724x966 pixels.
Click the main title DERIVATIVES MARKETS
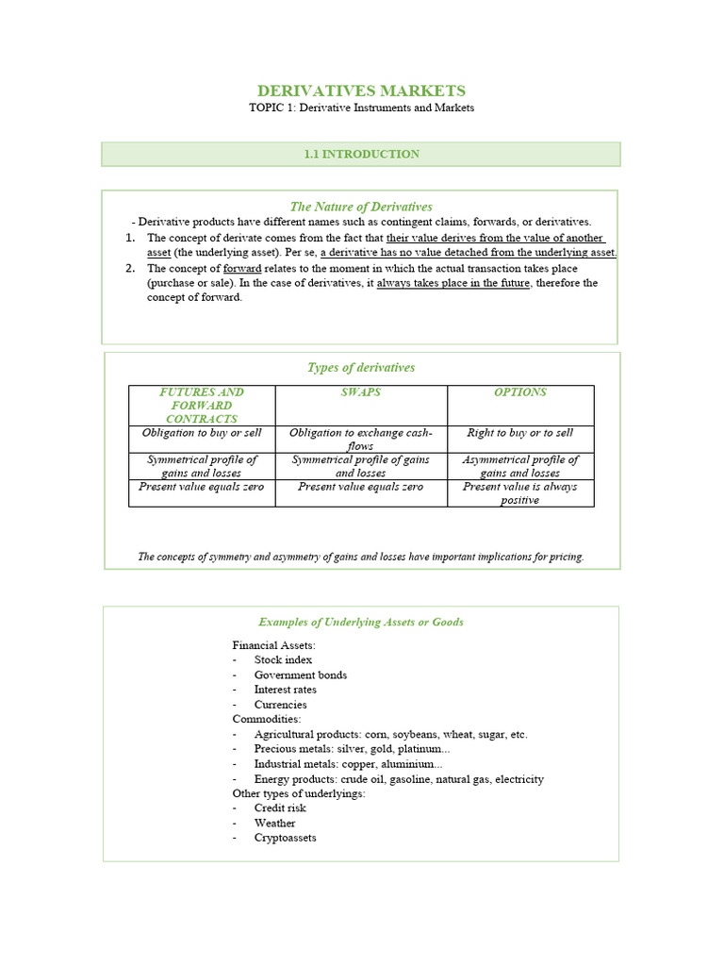[x=361, y=91]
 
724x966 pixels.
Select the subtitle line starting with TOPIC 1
[x=361, y=108]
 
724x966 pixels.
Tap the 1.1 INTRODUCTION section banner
[x=361, y=154]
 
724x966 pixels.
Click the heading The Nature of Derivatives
[x=361, y=207]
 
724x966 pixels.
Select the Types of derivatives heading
[x=361, y=367]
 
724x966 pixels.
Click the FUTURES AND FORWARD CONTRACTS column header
[x=202, y=405]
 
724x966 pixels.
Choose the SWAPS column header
[x=361, y=392]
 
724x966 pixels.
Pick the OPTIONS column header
[x=520, y=392]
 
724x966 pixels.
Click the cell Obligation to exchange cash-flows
[x=361, y=439]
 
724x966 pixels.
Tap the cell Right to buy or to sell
[x=520, y=433]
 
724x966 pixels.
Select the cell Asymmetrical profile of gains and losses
[x=520, y=466]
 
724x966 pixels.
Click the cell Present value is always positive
[x=520, y=493]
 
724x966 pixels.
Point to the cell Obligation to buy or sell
[x=202, y=433]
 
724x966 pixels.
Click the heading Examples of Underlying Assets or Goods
[x=361, y=622]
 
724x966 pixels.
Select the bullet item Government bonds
[x=300, y=675]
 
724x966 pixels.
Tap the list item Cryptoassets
[x=285, y=838]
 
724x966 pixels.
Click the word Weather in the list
[x=274, y=824]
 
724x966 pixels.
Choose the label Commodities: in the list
[x=267, y=719]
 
